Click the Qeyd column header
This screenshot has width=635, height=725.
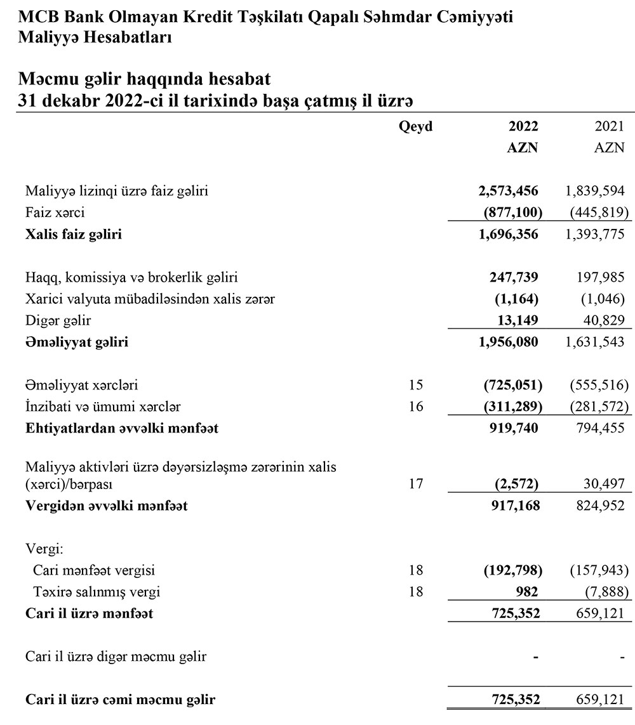click(x=415, y=127)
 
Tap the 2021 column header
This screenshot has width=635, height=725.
click(x=610, y=127)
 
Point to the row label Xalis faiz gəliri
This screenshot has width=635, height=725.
click(x=74, y=235)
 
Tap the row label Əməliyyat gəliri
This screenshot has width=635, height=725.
click(x=77, y=343)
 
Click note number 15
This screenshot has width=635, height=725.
click(x=416, y=385)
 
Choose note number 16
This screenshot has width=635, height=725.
click(x=416, y=407)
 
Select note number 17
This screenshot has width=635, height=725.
click(x=416, y=485)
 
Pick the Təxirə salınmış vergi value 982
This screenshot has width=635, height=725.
click(x=528, y=592)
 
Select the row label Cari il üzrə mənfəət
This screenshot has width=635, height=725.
click(x=89, y=613)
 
